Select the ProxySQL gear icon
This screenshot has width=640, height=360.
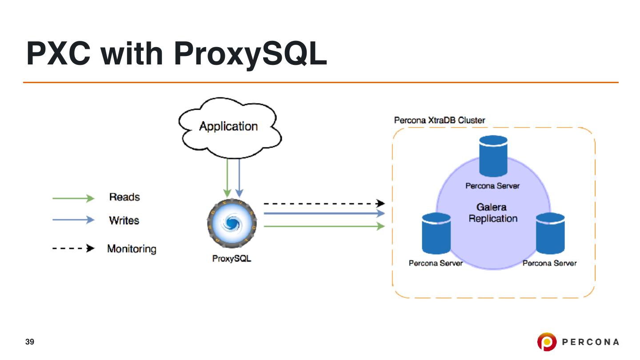[231, 223]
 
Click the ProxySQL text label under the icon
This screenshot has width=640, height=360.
[232, 259]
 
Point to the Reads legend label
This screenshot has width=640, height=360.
[124, 197]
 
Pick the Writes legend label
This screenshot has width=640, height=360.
[124, 220]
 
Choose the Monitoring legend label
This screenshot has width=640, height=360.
[132, 249]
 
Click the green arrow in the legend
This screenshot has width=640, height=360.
[73, 198]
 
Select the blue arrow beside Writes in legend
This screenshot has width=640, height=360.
[73, 220]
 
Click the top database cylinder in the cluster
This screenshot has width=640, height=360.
[493, 156]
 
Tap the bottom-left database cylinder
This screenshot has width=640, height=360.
[436, 233]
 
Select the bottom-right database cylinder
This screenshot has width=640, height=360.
[550, 233]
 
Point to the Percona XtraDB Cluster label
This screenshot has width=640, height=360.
[440, 120]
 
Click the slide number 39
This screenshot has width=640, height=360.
[30, 342]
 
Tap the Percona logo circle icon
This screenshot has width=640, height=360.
[546, 342]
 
